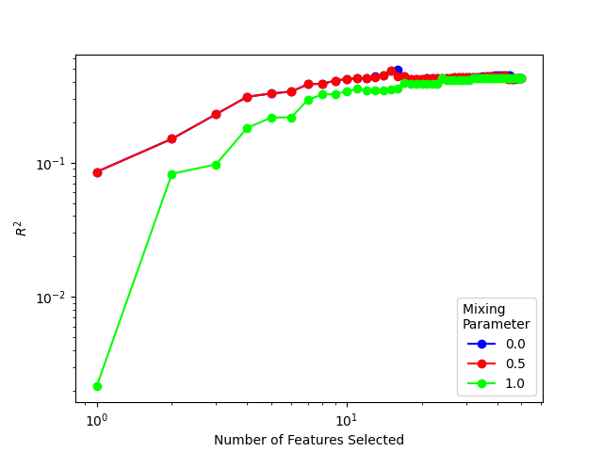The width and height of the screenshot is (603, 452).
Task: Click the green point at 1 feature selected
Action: tap(97, 386)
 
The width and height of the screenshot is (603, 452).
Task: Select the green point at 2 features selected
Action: tap(171, 174)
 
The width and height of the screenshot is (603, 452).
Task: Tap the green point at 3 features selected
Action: tap(216, 165)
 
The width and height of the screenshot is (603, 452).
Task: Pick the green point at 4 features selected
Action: tap(247, 128)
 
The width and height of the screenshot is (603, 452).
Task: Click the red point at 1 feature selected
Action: tap(97, 172)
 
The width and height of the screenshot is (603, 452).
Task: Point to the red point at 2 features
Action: tap(171, 138)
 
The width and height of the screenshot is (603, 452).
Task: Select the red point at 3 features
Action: tap(216, 114)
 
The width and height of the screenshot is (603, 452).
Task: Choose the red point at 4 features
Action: tap(247, 97)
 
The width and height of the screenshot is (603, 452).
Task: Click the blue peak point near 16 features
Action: tap(398, 70)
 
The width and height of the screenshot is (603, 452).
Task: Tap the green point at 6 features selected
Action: tap(291, 118)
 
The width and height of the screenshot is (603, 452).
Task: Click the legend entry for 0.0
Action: tap(496, 344)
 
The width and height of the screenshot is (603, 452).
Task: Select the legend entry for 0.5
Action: tap(496, 363)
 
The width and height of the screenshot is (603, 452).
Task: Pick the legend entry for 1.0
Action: tap(496, 384)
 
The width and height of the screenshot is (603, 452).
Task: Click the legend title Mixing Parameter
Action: tap(496, 316)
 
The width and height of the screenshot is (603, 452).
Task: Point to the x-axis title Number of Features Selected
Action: tap(309, 440)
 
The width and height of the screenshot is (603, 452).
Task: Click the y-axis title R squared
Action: tap(21, 228)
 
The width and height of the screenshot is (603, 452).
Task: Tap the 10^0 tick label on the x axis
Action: tap(97, 418)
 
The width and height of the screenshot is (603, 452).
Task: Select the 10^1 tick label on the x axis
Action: tap(347, 418)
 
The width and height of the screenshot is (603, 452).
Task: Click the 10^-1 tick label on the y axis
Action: tap(54, 164)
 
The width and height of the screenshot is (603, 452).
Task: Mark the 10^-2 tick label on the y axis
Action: tap(54, 298)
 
